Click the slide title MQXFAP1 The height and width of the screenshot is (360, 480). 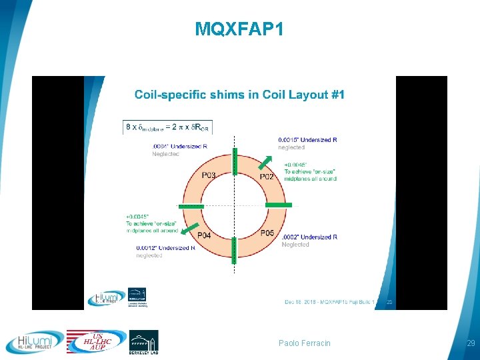pos(239,29)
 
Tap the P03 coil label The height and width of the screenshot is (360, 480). pos(209,176)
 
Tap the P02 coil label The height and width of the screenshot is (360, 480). pos(267,177)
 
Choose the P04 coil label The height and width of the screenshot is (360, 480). pos(205,235)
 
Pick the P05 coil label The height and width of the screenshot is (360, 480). pos(266,233)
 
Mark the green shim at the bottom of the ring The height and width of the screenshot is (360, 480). pos(234,249)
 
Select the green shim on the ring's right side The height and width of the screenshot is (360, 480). pos(278,204)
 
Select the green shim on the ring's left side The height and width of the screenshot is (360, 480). pos(191,206)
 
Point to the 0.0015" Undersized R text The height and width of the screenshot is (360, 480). pos(307,140)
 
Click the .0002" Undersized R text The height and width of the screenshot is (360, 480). pos(310,237)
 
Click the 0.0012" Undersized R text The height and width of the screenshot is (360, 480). pos(165,248)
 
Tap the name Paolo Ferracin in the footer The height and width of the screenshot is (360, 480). pos(304,343)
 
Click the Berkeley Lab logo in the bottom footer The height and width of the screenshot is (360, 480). pos(143,341)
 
